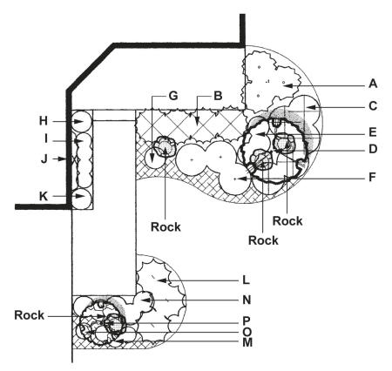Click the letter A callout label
click(x=373, y=84)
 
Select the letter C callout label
click(x=373, y=106)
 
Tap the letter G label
click(x=173, y=96)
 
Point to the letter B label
click(x=218, y=96)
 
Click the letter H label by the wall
click(x=44, y=121)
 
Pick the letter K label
click(x=44, y=196)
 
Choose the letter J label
click(x=44, y=159)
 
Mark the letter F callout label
click(x=372, y=177)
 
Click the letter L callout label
click(x=246, y=280)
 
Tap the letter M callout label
click(x=247, y=342)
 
